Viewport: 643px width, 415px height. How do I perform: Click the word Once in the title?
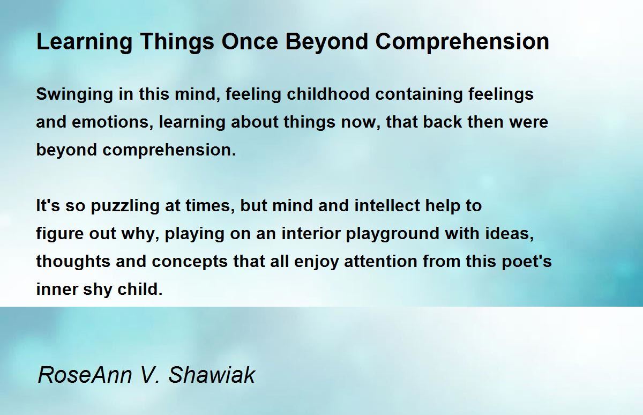250,42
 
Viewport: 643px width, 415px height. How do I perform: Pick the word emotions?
112,122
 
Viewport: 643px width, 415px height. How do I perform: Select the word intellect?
387,206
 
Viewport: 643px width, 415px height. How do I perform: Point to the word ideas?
509,233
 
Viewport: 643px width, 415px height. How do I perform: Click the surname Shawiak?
212,375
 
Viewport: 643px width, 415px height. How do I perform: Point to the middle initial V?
149,375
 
